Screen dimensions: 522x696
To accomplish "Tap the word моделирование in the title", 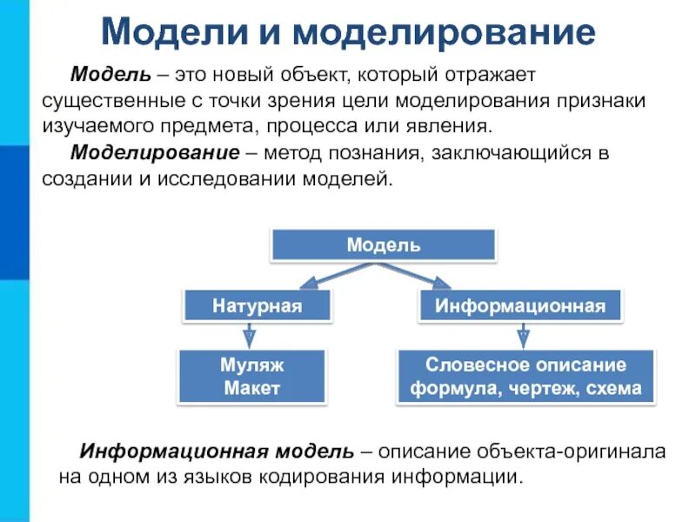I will (444, 32).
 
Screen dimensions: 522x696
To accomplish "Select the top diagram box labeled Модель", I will (384, 245).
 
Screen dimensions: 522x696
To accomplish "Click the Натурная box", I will (257, 305).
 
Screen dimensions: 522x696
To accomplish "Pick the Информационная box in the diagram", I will (520, 305).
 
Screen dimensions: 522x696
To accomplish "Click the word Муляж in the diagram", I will (252, 365).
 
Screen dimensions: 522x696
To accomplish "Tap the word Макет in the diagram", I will (252, 388).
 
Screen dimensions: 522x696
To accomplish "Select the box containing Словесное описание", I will (525, 377).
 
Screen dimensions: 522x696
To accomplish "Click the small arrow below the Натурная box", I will (249, 335).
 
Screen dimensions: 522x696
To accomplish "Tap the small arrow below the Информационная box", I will (523, 335).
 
